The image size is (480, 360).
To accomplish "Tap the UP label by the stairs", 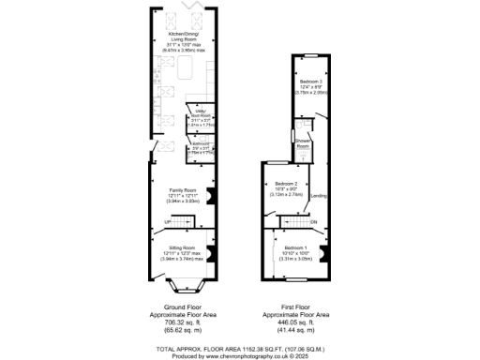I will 169,222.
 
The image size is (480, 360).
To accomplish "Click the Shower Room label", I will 303,144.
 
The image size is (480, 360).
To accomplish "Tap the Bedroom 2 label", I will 287,190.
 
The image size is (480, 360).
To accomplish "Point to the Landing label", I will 319,195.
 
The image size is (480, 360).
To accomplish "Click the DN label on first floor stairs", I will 314,221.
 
